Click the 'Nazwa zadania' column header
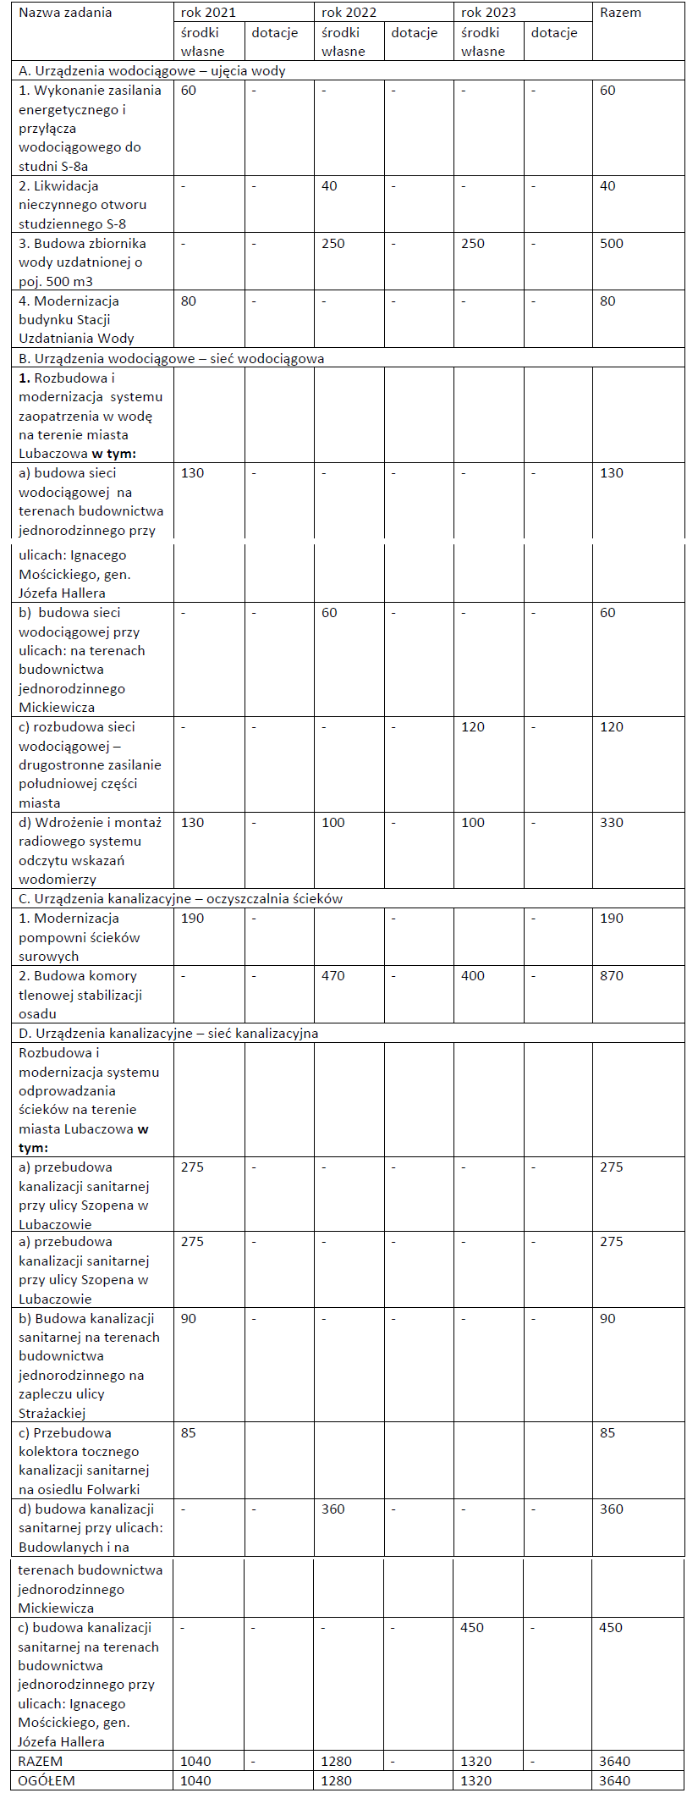[65, 13]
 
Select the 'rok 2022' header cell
[349, 13]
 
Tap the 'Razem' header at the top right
[620, 13]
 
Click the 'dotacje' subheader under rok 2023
[554, 33]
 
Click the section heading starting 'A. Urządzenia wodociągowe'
[152, 71]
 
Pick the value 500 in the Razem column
[611, 244]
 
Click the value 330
[611, 823]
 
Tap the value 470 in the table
[333, 976]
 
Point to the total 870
[611, 976]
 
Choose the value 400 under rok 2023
[473, 976]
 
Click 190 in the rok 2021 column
[192, 919]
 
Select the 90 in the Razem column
[607, 1319]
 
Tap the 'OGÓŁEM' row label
[47, 1780]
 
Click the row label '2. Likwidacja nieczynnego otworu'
[82, 205]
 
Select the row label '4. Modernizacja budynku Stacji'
[76, 320]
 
